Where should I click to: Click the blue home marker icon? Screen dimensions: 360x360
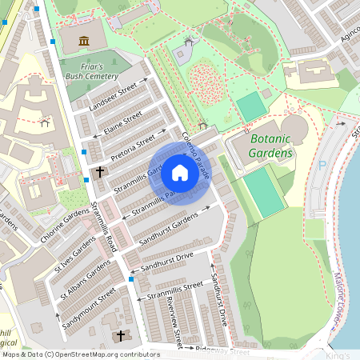180,172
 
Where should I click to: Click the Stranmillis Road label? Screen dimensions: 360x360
106,228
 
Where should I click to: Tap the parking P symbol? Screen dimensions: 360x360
323,165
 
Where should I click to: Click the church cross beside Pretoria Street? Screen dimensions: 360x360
100,172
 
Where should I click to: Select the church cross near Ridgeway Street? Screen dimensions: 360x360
122,336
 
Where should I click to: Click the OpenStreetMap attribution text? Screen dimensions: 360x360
80,354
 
